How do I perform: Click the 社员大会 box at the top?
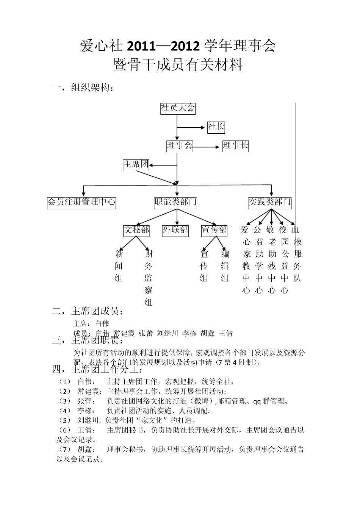(x=177, y=108)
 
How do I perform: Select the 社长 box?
(x=216, y=127)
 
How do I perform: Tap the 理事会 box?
(x=180, y=146)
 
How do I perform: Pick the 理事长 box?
(x=235, y=146)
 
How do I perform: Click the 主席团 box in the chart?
(x=136, y=164)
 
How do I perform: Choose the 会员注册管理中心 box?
(x=81, y=202)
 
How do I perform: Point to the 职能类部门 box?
(x=175, y=202)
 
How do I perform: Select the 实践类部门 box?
(x=269, y=202)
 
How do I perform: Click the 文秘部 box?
(x=136, y=230)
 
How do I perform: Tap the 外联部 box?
(x=175, y=230)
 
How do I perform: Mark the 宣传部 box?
(x=214, y=230)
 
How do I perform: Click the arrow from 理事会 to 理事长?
(x=207, y=147)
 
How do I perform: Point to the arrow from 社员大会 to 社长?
(x=191, y=128)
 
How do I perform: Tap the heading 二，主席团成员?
(x=88, y=311)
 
